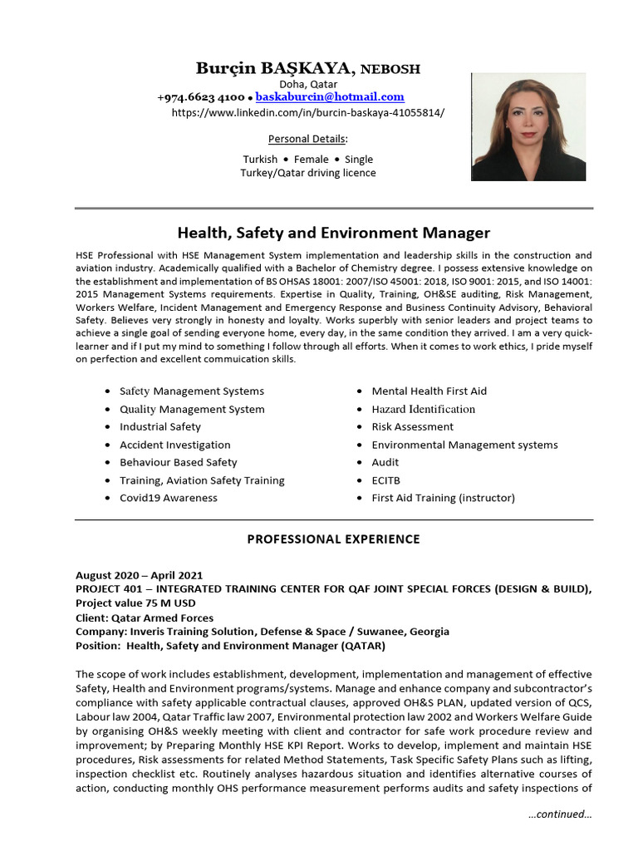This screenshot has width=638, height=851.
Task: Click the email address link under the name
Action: pos(330,97)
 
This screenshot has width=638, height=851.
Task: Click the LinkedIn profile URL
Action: pos(307,112)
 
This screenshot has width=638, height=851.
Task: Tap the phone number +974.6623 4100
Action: pos(200,97)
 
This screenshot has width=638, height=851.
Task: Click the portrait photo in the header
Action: pos(528,127)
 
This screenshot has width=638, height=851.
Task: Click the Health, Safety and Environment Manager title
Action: pos(334,234)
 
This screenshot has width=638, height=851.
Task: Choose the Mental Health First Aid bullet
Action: pos(429,391)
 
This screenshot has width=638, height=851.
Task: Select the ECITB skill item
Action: pos(388,480)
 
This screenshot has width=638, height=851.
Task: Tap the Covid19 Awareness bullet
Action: pos(169,498)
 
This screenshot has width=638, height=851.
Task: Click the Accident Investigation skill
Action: pos(175,445)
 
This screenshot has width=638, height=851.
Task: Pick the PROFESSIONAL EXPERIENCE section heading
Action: pos(334,539)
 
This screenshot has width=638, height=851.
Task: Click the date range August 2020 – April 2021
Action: pos(139,575)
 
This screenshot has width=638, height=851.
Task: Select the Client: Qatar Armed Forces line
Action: pos(145,617)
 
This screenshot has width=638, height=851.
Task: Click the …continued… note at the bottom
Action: pos(559,814)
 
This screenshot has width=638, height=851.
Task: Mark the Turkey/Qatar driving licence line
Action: pos(308,173)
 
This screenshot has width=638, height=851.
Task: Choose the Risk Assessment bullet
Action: pos(412,426)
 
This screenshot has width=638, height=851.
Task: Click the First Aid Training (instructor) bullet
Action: pos(443,498)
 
